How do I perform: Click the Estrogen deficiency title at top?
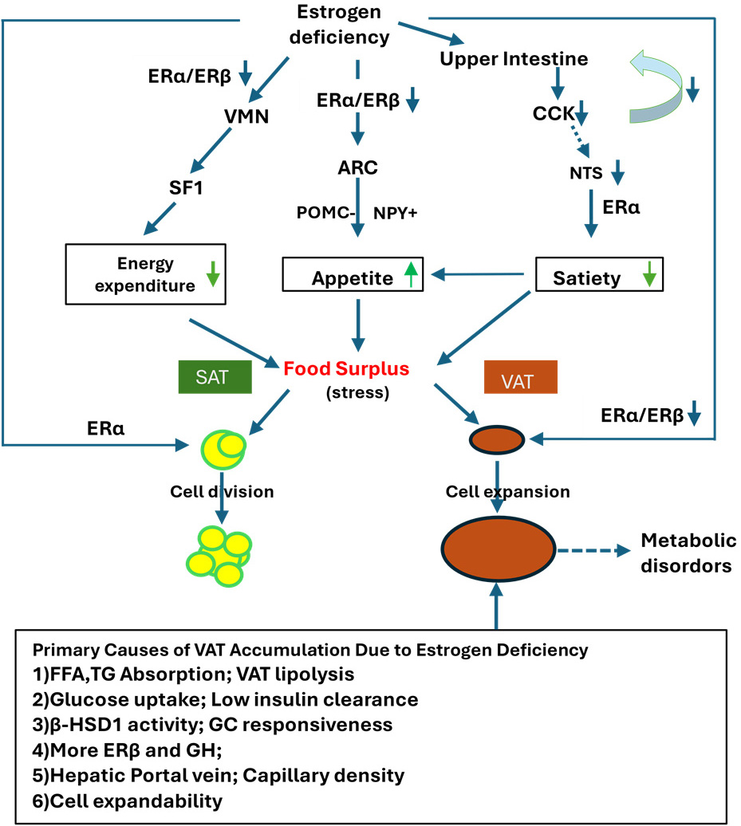pos(344,25)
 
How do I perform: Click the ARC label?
pos(357,168)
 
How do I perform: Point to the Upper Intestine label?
pos(514,59)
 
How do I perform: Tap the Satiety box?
pos(600,277)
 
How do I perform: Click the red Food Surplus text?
pos(347,369)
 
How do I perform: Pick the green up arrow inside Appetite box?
pos(411,275)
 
